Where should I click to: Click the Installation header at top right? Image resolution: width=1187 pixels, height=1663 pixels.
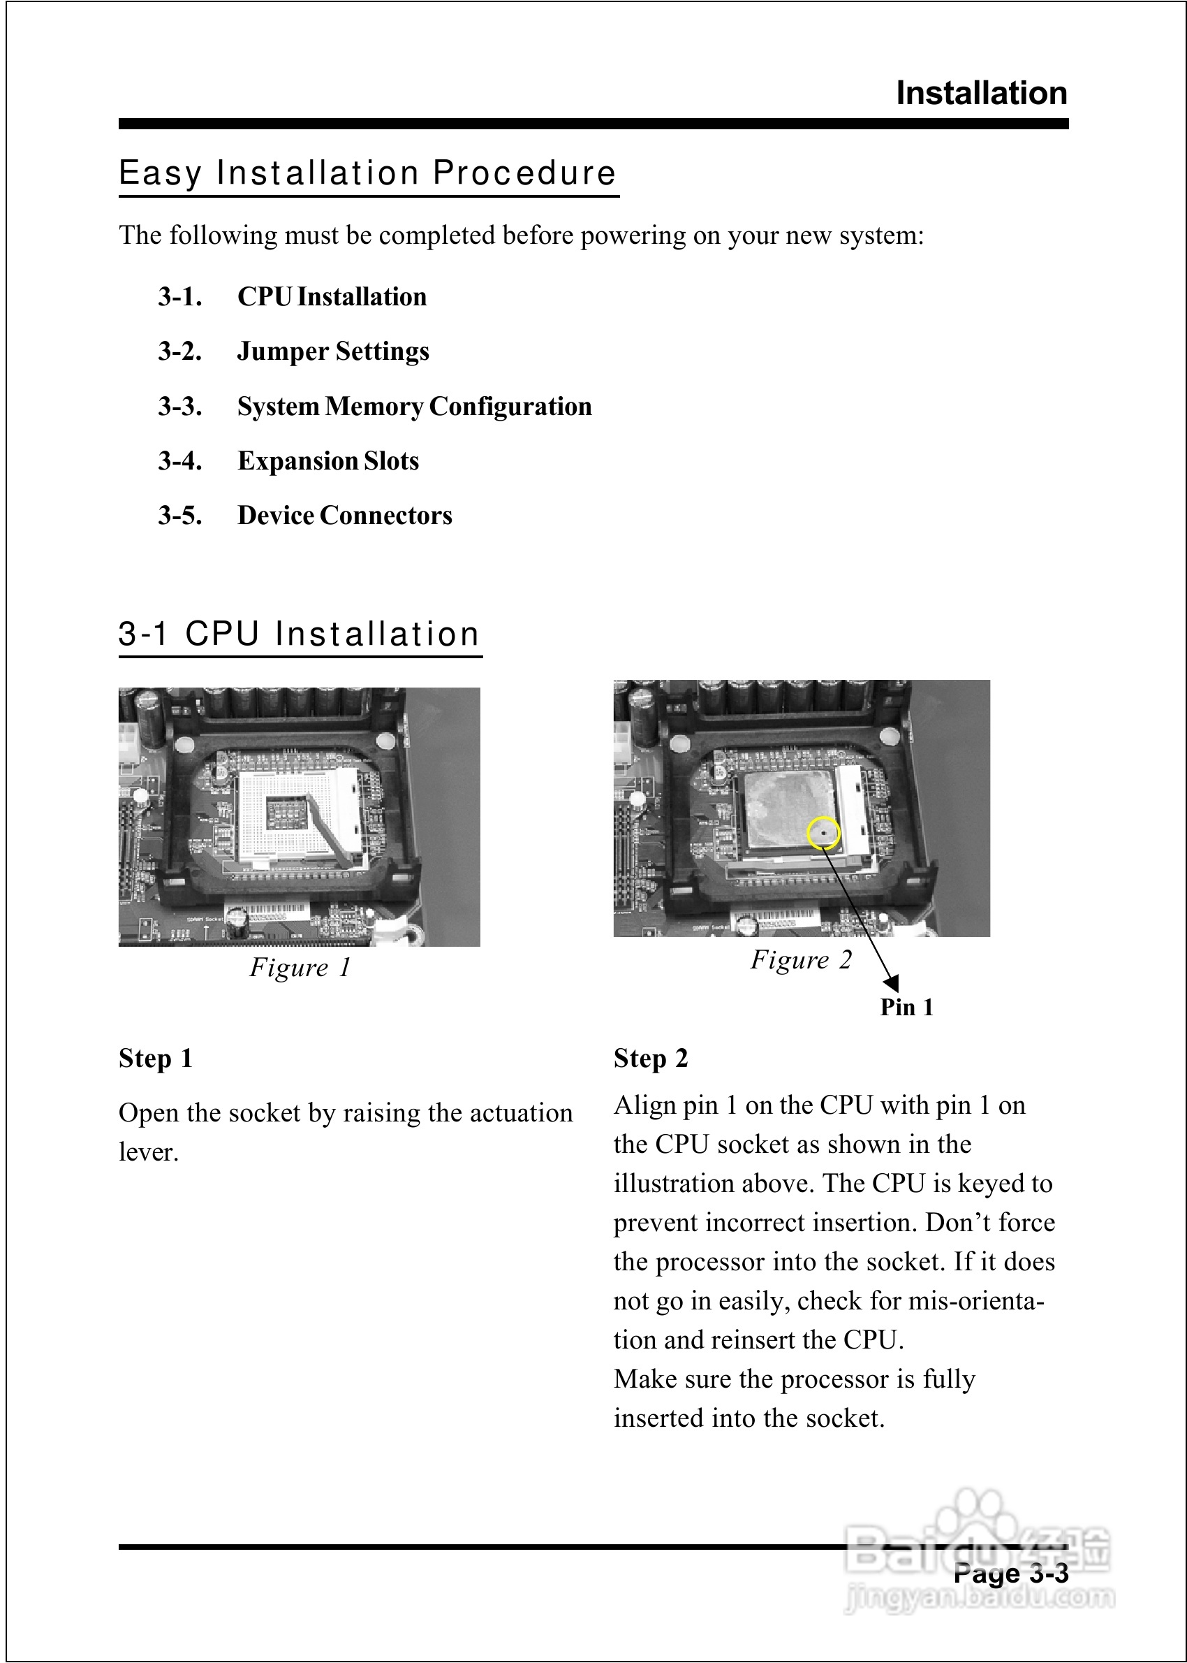981,94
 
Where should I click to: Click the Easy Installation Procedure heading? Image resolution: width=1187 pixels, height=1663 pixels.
368,173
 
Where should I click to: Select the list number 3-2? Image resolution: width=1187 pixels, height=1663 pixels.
180,351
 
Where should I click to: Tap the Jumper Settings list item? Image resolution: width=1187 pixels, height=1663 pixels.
333,351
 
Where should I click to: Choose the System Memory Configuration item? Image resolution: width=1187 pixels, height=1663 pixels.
415,407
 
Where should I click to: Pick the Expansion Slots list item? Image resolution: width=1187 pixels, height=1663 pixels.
328,461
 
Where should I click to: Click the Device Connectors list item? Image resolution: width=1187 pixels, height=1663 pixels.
345,516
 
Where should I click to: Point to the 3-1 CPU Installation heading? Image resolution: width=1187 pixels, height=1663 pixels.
299,634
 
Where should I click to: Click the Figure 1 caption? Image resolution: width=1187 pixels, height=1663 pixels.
300,968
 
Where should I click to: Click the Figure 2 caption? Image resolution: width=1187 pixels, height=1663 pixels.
801,960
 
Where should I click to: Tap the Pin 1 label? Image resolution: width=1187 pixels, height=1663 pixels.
906,1008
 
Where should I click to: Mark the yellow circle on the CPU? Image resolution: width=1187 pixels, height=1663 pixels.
824,833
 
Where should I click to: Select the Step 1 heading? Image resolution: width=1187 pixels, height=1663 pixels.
156,1059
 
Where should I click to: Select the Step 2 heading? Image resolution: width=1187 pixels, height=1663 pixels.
651,1059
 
